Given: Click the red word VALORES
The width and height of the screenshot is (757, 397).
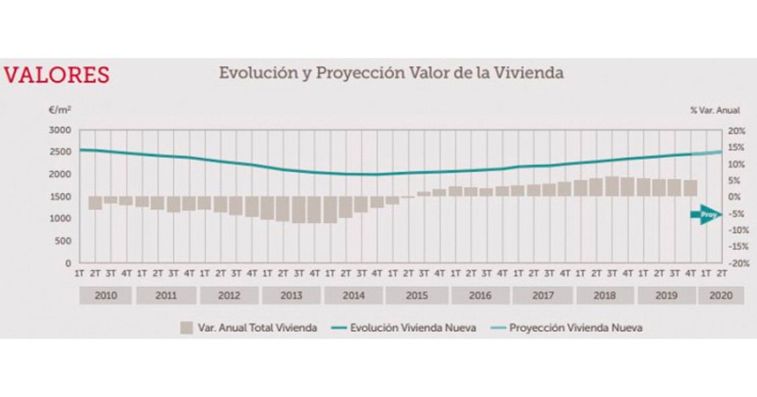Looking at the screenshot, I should click(56, 75).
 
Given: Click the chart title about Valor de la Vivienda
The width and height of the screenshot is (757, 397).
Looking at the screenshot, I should click(391, 73).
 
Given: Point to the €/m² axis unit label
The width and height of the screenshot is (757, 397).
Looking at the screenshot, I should click(60, 110).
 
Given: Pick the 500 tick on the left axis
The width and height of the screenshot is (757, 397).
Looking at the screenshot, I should click(64, 240).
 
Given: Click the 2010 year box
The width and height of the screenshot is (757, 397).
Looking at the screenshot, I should click(106, 296).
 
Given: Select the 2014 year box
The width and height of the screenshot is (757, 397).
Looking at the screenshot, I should click(353, 296).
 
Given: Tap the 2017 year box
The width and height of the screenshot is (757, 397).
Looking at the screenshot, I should click(542, 296).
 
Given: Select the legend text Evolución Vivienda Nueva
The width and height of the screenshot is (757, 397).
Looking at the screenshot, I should click(413, 328).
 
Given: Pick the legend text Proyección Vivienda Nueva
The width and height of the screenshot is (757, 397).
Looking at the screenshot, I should click(575, 328).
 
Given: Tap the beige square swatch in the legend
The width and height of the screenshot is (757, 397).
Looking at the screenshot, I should click(186, 328).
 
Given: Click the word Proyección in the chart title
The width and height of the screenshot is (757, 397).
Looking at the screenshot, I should click(347, 73).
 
